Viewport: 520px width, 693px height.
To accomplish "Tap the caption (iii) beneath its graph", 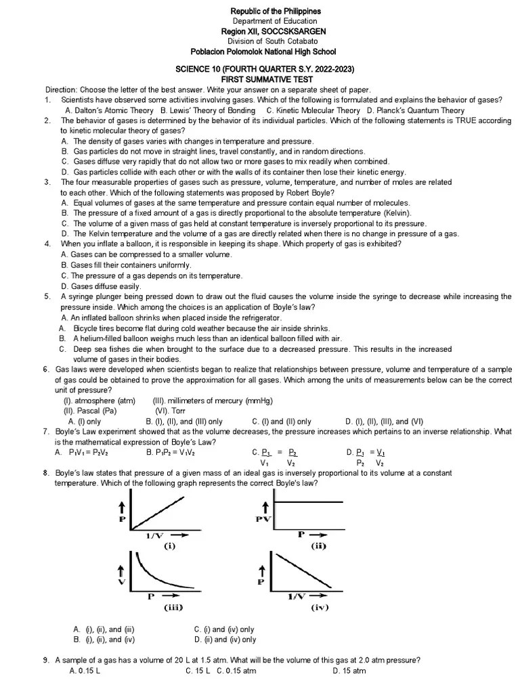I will point(173,607).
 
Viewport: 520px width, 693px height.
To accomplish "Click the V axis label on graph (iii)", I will point(122,580).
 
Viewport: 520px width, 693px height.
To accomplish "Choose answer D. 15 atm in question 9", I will point(349,671).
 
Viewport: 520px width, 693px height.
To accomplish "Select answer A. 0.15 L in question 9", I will point(85,671).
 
